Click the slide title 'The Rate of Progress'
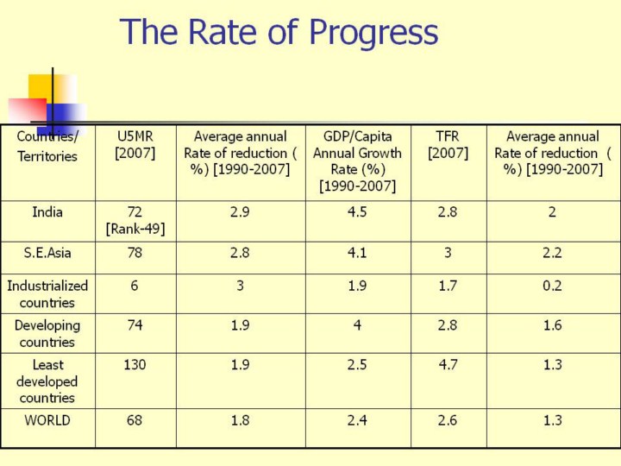click(x=279, y=33)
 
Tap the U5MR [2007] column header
click(x=135, y=145)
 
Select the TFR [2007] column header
click(x=448, y=145)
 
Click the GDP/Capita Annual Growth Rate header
click(x=357, y=161)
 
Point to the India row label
click(x=47, y=212)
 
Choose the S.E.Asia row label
click(x=47, y=253)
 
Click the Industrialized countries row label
click(x=47, y=293)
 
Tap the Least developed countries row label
click(x=47, y=381)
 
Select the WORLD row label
click(x=47, y=420)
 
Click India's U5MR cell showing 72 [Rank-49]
click(x=135, y=220)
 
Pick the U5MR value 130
click(x=135, y=365)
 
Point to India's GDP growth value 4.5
click(x=357, y=212)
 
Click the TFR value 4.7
click(x=448, y=365)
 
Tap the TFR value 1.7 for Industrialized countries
click(x=448, y=286)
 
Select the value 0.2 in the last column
click(x=552, y=286)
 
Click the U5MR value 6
click(x=135, y=286)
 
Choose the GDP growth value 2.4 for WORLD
click(x=357, y=420)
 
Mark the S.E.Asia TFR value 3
click(x=448, y=253)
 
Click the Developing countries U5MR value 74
click(x=135, y=325)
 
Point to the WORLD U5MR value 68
click(x=135, y=420)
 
